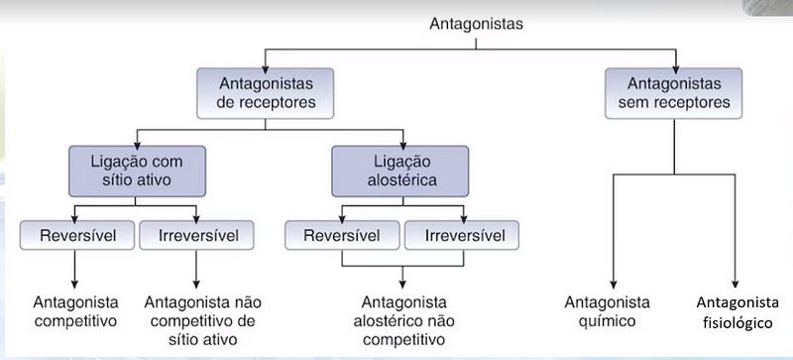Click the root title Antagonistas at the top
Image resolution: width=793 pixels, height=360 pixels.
pyautogui.click(x=476, y=21)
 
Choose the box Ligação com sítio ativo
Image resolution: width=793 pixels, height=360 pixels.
pyautogui.click(x=137, y=170)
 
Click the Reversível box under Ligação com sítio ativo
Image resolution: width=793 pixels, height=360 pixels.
pyautogui.click(x=75, y=235)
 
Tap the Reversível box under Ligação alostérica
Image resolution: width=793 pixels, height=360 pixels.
pyautogui.click(x=342, y=235)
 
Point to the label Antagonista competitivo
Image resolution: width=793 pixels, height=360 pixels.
pyautogui.click(x=75, y=310)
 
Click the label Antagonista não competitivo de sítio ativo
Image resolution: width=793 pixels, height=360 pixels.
pyautogui.click(x=200, y=319)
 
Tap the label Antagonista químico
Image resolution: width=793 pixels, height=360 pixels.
pyautogui.click(x=608, y=310)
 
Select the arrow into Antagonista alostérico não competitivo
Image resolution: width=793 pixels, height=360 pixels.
pyautogui.click(x=402, y=278)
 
